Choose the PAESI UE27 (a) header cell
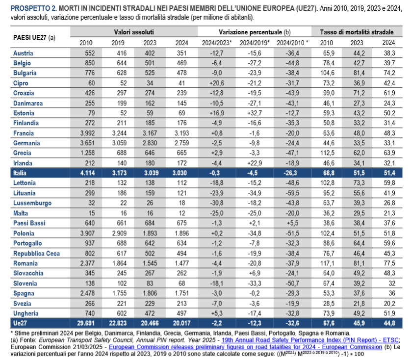(33, 37)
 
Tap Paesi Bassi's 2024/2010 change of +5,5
(293, 224)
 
